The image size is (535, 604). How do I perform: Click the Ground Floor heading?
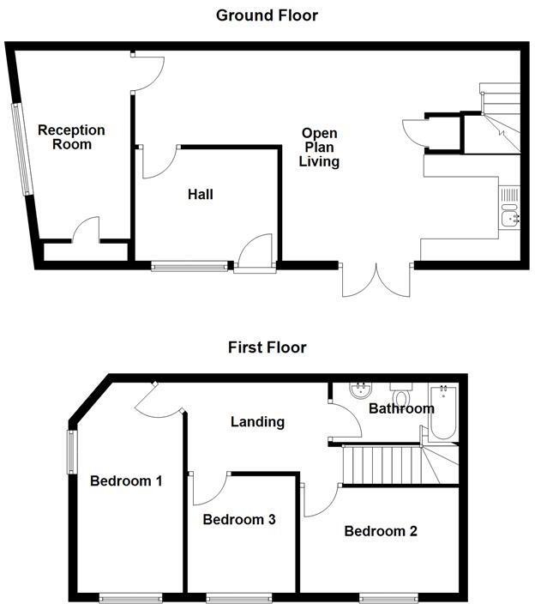[x=267, y=15]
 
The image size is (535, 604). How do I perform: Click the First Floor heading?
[x=267, y=347]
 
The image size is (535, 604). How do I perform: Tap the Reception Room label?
[x=71, y=137]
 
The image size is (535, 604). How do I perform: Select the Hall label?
[x=201, y=195]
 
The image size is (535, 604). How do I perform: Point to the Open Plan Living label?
[x=319, y=147]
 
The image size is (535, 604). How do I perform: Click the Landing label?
[x=257, y=421]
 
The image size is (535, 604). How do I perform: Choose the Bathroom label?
[x=401, y=408]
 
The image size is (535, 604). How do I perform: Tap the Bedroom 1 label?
[x=126, y=480]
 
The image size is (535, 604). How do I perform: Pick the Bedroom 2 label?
[x=381, y=531]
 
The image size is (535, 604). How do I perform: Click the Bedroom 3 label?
[x=239, y=519]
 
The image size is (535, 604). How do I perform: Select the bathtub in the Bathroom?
[x=445, y=412]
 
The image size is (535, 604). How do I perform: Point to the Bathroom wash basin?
[x=363, y=392]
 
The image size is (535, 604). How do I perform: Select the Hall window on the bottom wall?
[x=190, y=266]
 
